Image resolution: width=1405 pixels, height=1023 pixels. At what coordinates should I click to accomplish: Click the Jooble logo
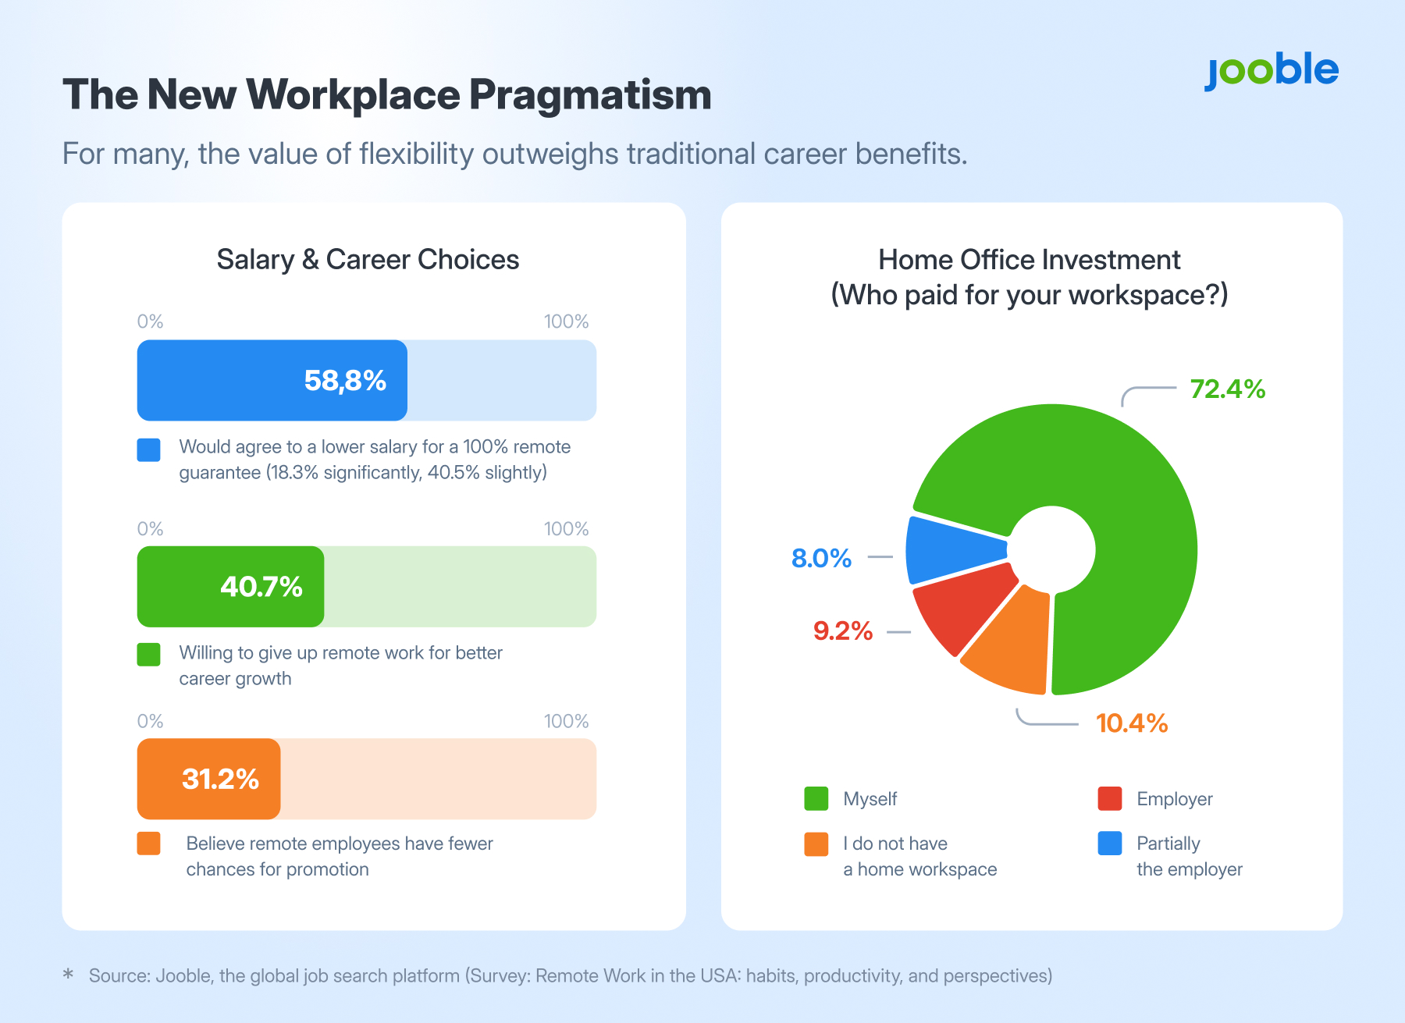[1272, 72]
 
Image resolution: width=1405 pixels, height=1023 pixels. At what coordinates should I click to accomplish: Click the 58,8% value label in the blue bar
[345, 381]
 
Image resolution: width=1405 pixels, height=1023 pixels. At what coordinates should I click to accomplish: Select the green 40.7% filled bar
[230, 587]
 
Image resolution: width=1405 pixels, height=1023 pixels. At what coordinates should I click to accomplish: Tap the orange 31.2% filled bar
[208, 779]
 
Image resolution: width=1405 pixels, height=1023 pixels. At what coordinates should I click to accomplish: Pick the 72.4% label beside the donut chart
[1227, 389]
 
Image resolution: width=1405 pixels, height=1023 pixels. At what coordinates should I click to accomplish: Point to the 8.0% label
[821, 558]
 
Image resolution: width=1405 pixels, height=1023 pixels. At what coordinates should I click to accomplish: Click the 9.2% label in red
[843, 630]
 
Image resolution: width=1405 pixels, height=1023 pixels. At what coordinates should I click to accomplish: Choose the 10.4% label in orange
[1132, 723]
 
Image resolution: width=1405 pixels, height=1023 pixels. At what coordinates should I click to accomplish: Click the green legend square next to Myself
[816, 799]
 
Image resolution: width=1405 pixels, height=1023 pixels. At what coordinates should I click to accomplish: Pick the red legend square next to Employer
[1109, 799]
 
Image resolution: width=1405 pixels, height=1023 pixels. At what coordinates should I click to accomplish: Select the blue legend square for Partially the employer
[1109, 844]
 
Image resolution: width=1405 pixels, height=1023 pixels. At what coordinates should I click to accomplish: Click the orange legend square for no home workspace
[816, 844]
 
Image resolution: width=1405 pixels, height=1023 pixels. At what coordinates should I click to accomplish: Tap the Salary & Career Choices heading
[368, 260]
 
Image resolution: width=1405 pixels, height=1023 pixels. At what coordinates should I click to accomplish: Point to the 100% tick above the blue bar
[566, 321]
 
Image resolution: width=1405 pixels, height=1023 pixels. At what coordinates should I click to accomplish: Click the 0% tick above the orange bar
[150, 721]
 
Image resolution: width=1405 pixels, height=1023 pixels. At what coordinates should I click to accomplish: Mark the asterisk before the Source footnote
[69, 974]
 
